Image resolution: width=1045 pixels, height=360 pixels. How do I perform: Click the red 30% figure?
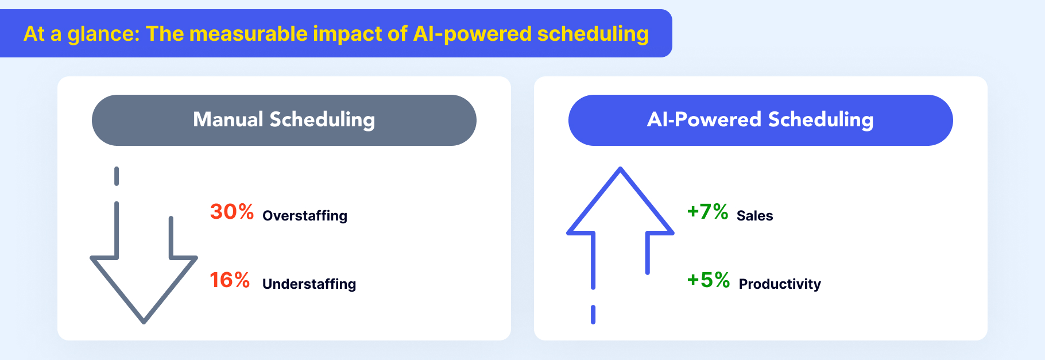(232, 212)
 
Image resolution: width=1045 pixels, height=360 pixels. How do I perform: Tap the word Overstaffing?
(305, 216)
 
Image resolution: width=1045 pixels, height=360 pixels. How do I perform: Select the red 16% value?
(230, 280)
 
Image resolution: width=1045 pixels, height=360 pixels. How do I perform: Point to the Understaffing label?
(309, 284)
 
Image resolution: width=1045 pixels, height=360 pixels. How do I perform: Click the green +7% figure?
(707, 212)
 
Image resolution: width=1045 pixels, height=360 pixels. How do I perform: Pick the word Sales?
(754, 216)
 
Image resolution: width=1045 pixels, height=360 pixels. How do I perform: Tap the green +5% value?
(709, 280)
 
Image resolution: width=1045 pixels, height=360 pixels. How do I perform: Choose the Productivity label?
(780, 284)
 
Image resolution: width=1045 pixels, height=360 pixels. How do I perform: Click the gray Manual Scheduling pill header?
(284, 120)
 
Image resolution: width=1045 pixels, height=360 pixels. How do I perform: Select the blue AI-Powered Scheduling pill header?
(761, 120)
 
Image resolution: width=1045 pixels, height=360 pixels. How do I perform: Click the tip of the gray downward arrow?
(144, 323)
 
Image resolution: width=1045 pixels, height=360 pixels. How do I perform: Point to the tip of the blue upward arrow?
(620, 168)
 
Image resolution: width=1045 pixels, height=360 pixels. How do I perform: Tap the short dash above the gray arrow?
(117, 176)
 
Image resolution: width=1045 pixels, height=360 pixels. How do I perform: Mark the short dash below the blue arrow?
(593, 315)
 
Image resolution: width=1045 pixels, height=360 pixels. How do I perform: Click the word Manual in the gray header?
(228, 119)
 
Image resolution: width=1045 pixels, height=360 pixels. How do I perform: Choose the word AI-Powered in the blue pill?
(704, 119)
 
